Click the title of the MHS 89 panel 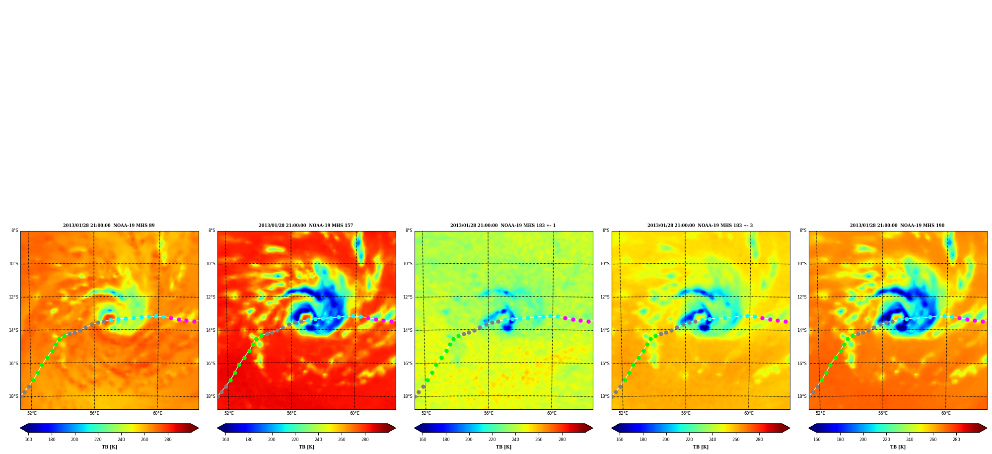(x=109, y=226)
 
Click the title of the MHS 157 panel (x=306, y=226)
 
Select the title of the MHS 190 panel (x=897, y=226)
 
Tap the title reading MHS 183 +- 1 (x=503, y=226)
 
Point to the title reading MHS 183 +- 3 (x=700, y=226)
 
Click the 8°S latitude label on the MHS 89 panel (x=15, y=230)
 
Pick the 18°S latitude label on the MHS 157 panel (x=211, y=396)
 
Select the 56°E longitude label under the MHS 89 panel (x=94, y=413)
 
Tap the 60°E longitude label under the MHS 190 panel (x=946, y=413)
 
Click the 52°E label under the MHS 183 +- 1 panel (x=426, y=413)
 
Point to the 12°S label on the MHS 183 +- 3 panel (x=605, y=297)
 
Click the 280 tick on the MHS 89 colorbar (x=168, y=440)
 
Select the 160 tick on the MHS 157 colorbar (x=225, y=440)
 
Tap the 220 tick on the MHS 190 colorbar (x=886, y=440)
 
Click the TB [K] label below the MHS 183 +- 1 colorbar (x=503, y=447)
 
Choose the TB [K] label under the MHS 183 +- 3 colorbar (x=701, y=447)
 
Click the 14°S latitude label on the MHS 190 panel (x=802, y=330)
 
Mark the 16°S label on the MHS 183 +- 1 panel (x=408, y=364)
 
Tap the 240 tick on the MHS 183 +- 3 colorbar (x=712, y=440)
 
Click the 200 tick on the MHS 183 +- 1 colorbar (x=469, y=440)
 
